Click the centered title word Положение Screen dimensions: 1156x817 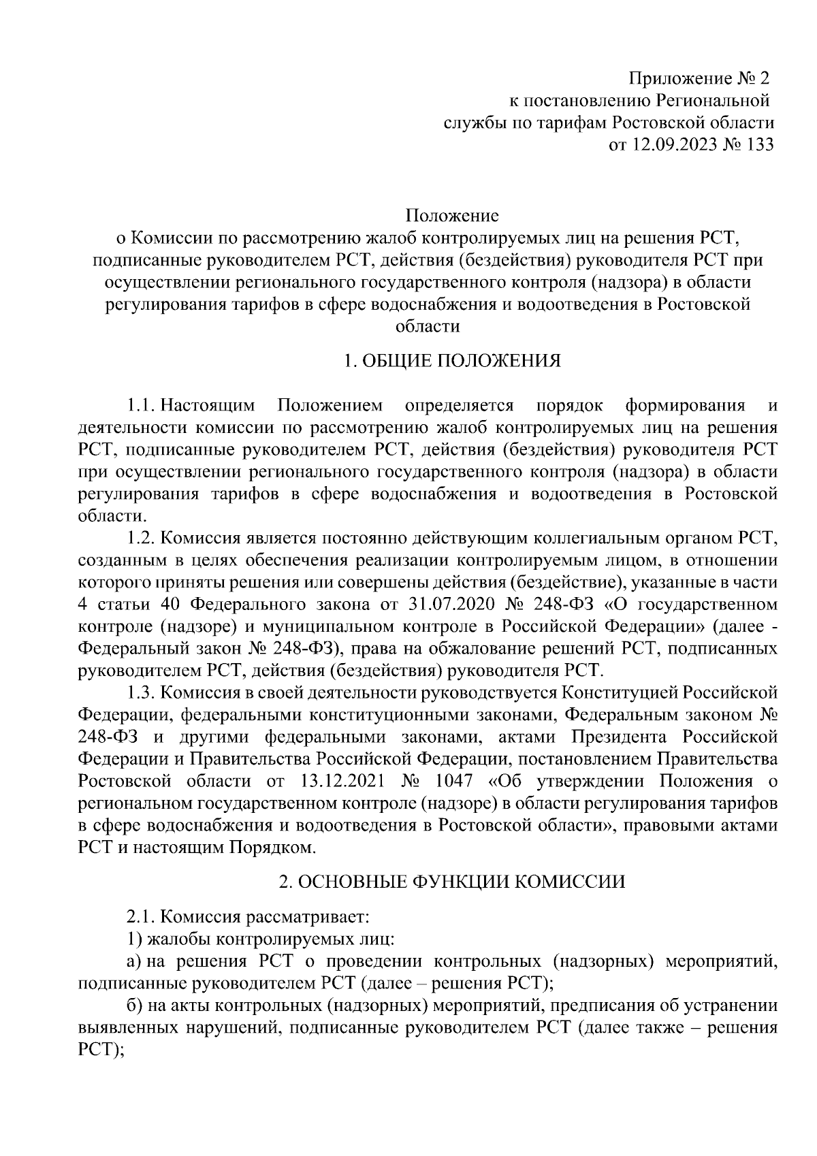453,216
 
